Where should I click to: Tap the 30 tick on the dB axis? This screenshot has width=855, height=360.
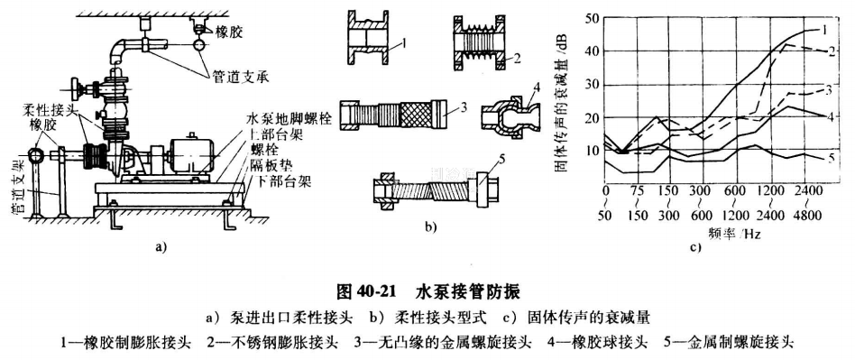point(592,84)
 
